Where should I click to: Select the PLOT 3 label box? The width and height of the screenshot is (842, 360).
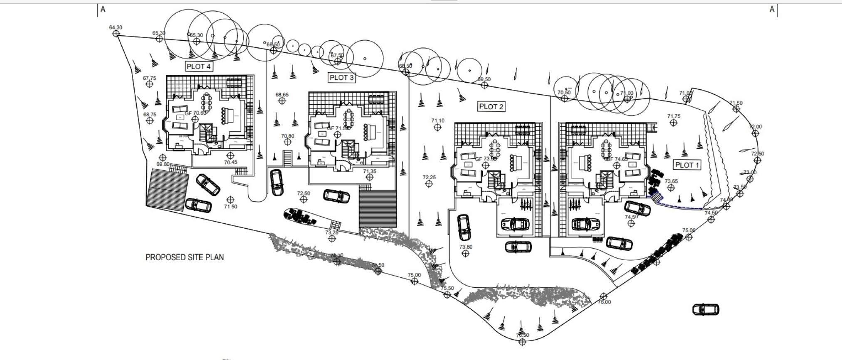(x=342, y=77)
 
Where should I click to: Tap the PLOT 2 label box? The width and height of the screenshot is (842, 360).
(x=491, y=107)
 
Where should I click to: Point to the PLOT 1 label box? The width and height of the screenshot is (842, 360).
(x=687, y=165)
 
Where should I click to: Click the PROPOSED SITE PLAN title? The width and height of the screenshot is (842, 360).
(x=185, y=257)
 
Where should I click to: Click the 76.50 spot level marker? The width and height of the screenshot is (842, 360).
(x=522, y=342)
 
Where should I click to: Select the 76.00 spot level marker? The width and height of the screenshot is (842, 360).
(x=604, y=296)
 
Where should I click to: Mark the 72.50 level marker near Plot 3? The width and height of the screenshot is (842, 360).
(x=304, y=199)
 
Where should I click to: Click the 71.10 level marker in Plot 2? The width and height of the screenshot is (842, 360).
(x=437, y=127)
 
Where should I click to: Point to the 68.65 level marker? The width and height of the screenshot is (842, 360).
(x=282, y=101)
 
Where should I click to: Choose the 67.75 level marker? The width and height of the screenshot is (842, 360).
(x=150, y=84)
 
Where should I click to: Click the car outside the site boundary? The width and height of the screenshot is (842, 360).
(x=706, y=309)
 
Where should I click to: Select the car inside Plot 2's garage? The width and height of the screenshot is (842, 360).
(x=515, y=224)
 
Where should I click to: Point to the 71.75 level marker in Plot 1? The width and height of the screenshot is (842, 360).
(x=674, y=122)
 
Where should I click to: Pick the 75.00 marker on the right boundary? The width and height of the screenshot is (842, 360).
(x=689, y=237)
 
